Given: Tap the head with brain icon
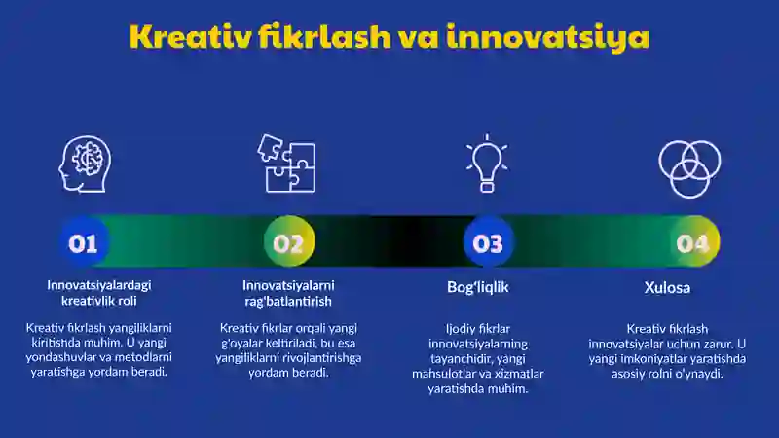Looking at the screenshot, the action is pos(85,164).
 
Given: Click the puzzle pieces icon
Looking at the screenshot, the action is pos(286,163).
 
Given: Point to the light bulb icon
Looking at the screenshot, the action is pos(487,163).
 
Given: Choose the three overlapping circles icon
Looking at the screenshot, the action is pos(689,168).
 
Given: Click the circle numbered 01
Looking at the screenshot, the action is pos(84,242).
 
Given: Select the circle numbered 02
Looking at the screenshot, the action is pos(289,241).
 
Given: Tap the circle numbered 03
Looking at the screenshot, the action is pos(489,242).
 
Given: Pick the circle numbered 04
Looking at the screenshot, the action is pos(694,242).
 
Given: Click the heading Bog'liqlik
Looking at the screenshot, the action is pos(478,287).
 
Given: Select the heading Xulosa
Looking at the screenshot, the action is pos(667,287).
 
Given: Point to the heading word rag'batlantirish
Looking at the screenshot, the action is pos(288,302).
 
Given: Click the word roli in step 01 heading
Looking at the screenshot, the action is pos(128,301).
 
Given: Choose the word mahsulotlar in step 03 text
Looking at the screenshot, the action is pos(439,374).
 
